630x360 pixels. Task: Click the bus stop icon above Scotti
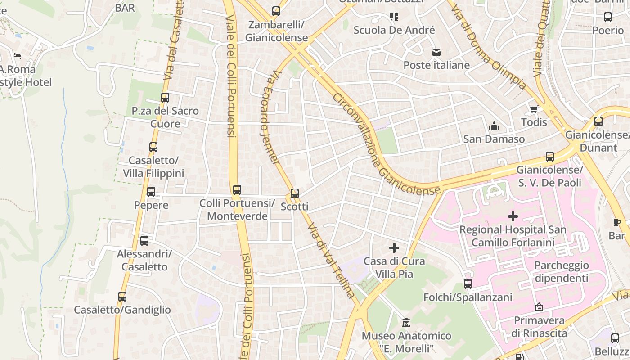295,193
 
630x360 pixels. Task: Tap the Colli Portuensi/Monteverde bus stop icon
237,190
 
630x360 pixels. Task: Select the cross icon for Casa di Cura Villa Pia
394,248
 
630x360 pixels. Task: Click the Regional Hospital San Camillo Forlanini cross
513,217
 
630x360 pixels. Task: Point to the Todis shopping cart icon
534,109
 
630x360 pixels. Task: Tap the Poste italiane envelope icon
436,52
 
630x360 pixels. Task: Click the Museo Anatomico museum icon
406,323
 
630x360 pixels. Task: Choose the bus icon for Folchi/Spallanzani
468,284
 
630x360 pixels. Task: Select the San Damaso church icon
494,126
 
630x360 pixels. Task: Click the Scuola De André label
394,30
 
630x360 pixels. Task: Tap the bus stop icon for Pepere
151,192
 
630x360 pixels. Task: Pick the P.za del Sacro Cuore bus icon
165,98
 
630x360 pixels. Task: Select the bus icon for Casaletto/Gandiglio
122,297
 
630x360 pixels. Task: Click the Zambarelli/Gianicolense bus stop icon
276,11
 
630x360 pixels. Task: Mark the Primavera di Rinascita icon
539,307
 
